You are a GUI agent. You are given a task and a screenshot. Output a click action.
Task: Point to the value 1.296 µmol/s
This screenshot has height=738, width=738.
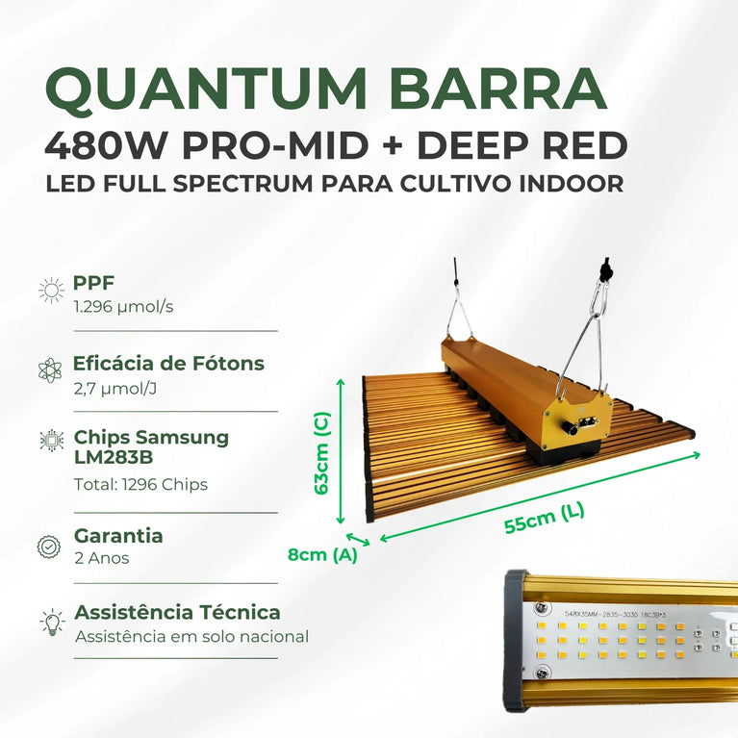coord(123,307)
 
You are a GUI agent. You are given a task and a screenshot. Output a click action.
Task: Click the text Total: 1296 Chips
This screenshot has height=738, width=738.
coord(140,484)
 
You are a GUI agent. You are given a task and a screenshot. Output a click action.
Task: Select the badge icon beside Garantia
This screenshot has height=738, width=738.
coord(49,546)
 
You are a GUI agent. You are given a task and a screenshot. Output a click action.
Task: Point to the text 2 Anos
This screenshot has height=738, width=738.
coord(101,558)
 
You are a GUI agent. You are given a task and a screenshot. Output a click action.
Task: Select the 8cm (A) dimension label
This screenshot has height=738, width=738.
coord(322,554)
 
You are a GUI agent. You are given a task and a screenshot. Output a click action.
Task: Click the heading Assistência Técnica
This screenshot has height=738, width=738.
coord(177,612)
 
